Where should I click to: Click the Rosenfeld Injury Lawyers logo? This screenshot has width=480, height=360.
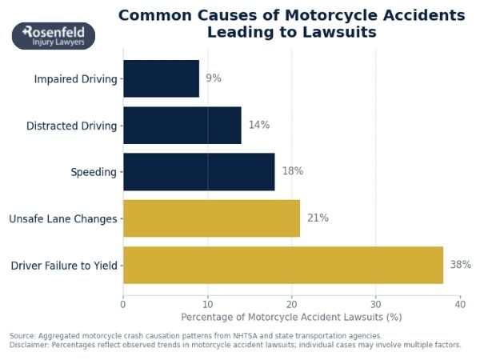(54, 36)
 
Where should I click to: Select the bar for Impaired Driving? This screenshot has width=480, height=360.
(161, 78)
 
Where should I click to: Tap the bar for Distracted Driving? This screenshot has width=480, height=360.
(182, 125)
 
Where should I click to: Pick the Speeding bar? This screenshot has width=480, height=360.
(198, 171)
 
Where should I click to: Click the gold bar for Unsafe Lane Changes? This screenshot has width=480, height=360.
(211, 218)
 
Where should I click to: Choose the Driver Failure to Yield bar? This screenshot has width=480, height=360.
(282, 265)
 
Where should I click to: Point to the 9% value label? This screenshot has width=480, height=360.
(214, 78)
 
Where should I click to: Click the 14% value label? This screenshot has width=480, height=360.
(259, 125)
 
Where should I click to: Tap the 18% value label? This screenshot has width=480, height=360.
(293, 171)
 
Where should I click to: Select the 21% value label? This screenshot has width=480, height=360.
(318, 218)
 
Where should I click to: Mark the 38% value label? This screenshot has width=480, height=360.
(461, 265)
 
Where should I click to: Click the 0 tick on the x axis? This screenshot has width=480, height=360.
(123, 304)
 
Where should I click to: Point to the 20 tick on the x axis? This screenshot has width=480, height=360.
(291, 304)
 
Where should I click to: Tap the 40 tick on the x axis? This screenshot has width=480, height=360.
(460, 304)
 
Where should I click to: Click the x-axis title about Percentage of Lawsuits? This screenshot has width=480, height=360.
(291, 318)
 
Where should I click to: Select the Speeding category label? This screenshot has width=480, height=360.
(94, 172)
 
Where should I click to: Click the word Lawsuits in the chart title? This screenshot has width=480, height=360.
(336, 33)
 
